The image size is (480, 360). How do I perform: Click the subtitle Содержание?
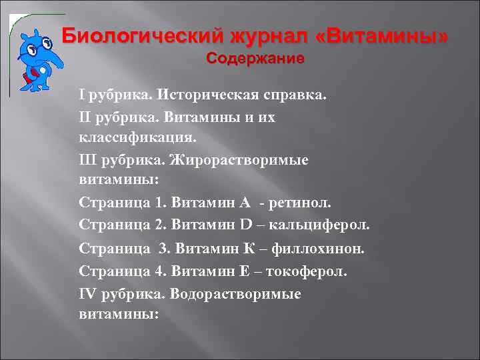[x=255, y=59]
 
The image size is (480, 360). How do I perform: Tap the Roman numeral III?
[x=89, y=160]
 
